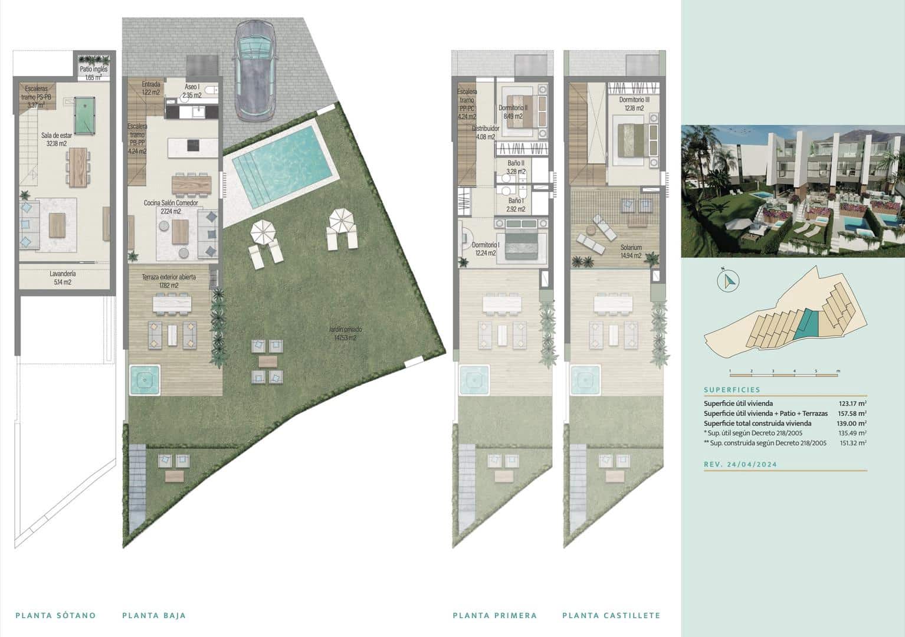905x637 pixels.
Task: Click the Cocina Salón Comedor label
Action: (170, 207)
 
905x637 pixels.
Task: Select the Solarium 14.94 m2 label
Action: (631, 251)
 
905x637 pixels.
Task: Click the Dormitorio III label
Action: (634, 104)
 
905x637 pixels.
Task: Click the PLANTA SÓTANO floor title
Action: (55, 615)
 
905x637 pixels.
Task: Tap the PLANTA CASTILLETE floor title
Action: (611, 615)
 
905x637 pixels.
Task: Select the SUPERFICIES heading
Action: (732, 390)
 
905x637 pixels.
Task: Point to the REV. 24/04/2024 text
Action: (740, 464)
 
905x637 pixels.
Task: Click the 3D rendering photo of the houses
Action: (792, 191)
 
